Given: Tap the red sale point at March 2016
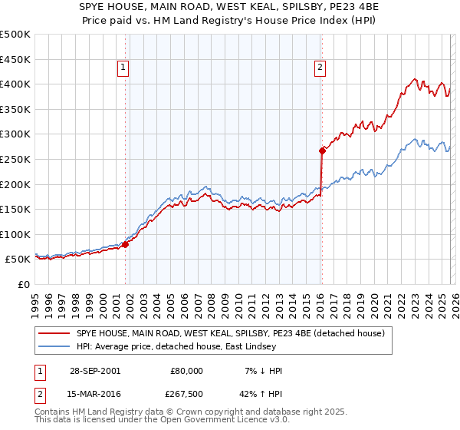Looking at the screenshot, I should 322,150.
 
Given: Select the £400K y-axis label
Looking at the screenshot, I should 15,84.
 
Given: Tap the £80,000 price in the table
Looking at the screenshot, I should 186,371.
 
